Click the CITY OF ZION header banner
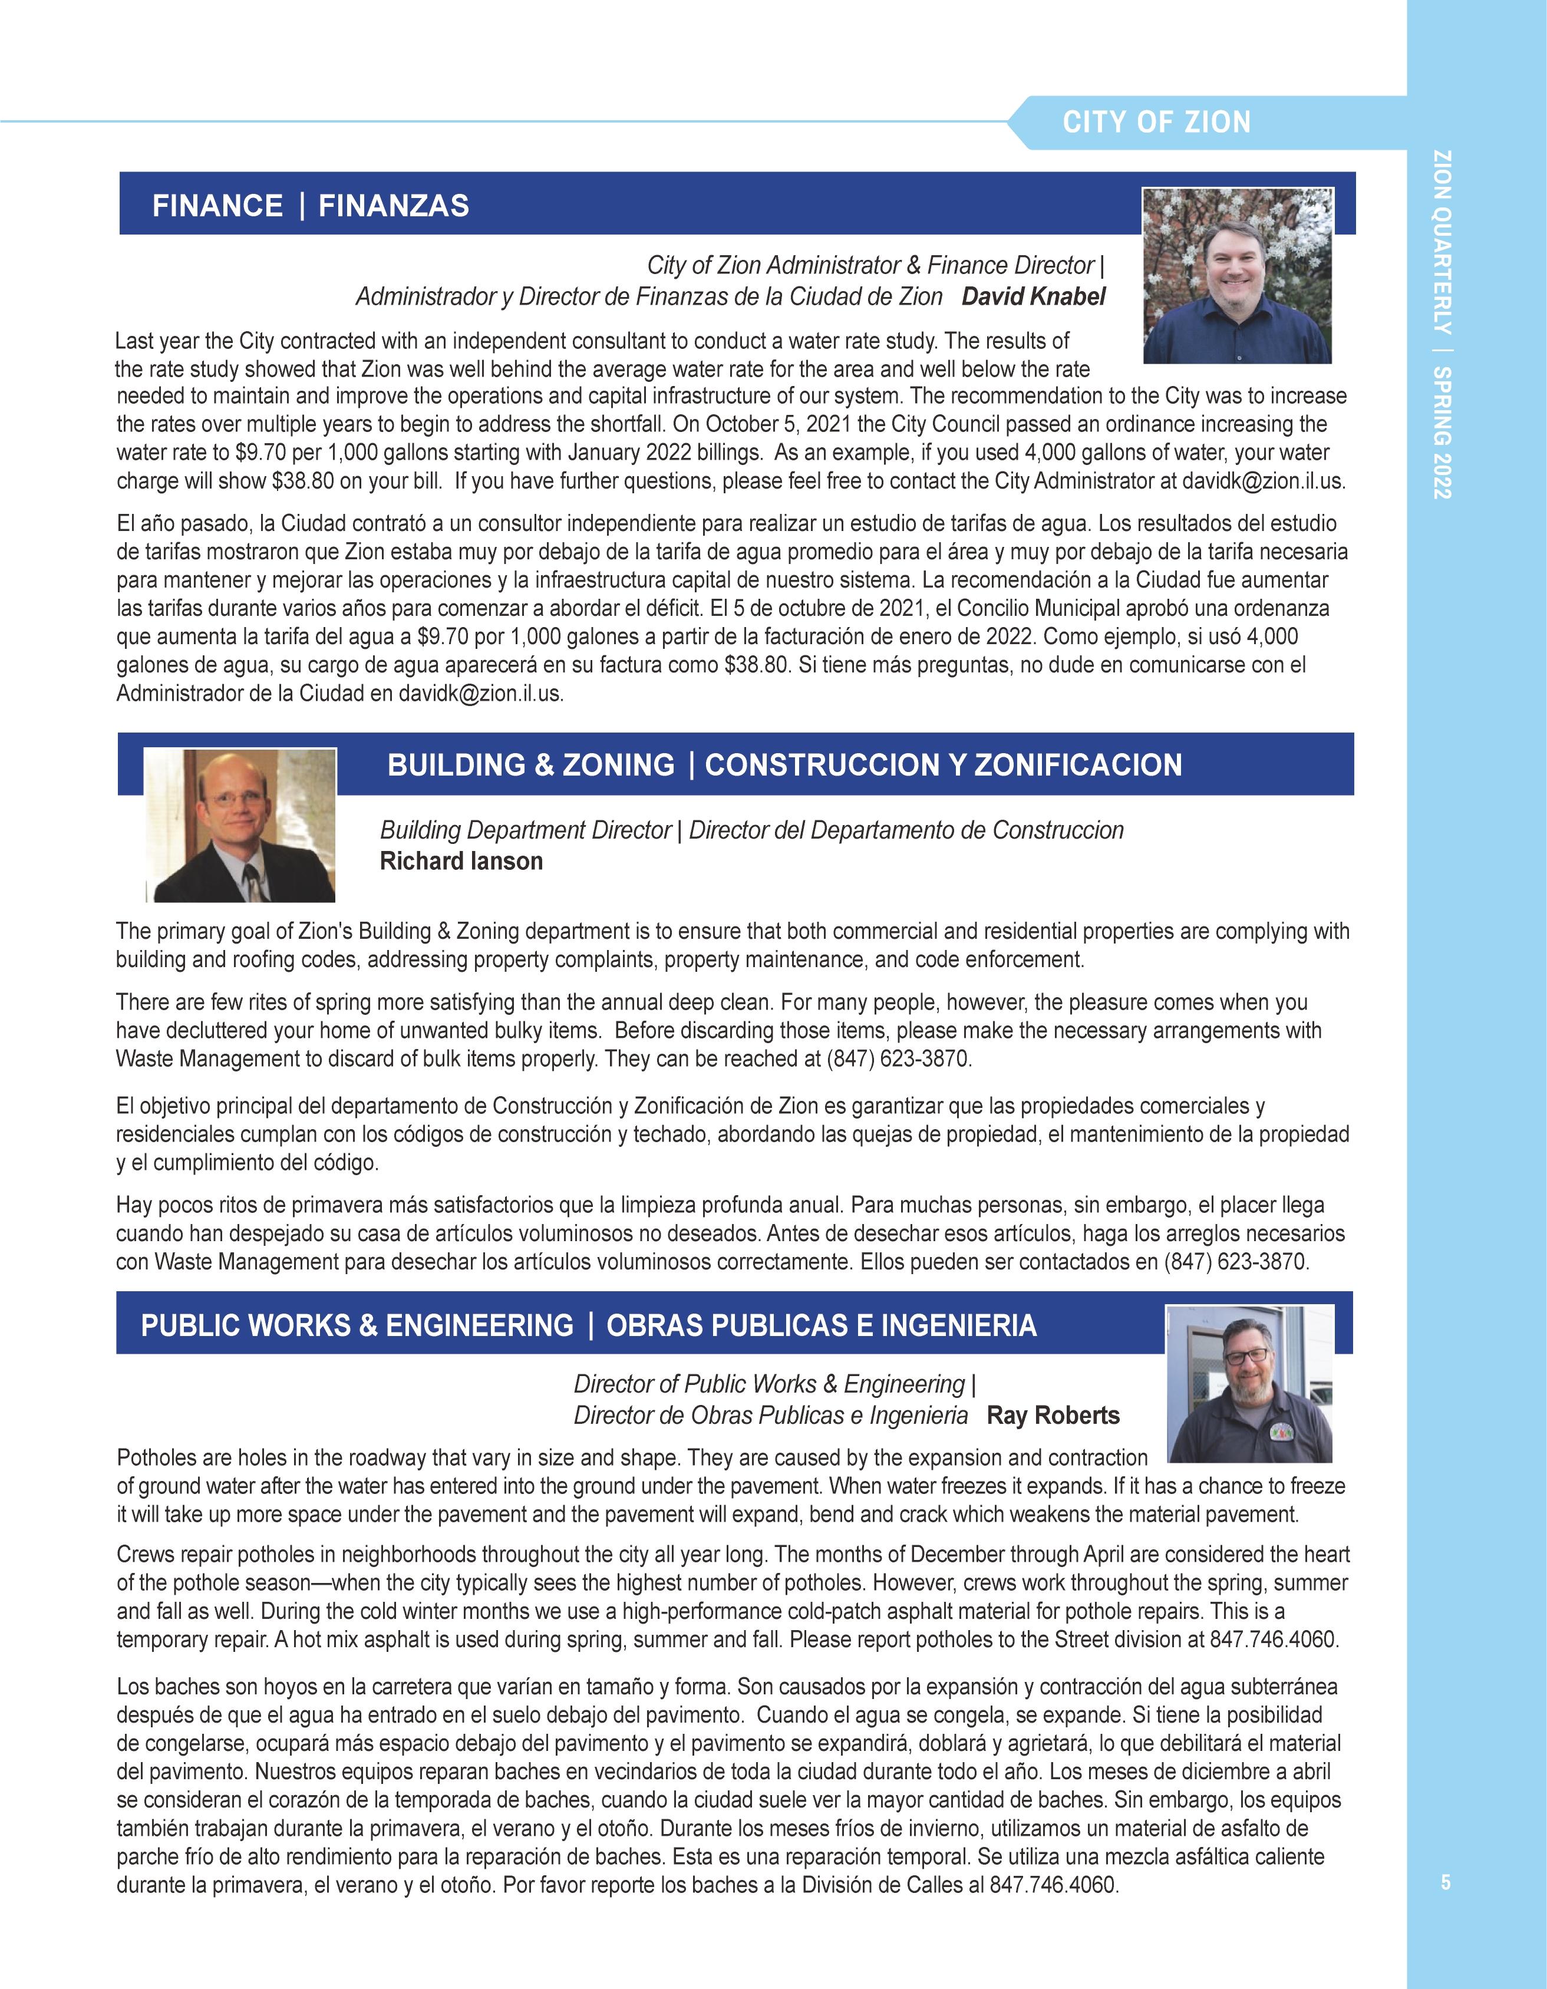coord(1156,122)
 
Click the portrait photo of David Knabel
coord(1238,275)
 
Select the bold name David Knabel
coord(1034,297)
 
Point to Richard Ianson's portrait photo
coord(240,825)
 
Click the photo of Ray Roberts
coord(1250,1383)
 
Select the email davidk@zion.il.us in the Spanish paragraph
coord(481,693)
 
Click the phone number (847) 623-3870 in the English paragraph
coord(899,1060)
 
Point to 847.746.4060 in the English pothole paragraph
coord(1274,1640)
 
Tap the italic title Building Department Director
coord(525,830)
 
